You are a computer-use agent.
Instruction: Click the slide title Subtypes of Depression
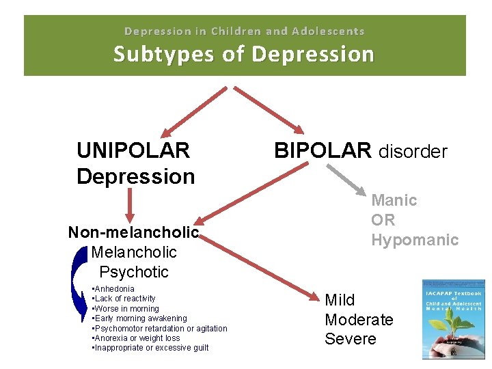click(244, 53)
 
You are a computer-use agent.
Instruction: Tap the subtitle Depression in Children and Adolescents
click(244, 31)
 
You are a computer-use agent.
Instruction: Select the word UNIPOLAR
click(133, 150)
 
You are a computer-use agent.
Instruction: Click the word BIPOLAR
click(323, 150)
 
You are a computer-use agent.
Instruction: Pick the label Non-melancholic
click(133, 232)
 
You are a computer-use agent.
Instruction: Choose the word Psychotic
click(134, 272)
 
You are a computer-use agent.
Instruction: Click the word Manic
click(394, 200)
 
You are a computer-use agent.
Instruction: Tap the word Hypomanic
click(415, 240)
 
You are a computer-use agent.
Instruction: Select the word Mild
click(340, 300)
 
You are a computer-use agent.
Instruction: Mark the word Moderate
click(359, 320)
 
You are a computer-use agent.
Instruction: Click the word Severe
click(351, 340)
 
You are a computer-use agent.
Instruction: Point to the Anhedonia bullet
click(114, 289)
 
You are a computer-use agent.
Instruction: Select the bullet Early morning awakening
click(140, 318)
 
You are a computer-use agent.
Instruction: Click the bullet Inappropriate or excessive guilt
click(151, 348)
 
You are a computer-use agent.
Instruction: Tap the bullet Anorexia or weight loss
click(137, 338)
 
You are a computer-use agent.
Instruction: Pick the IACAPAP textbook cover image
click(454, 319)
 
